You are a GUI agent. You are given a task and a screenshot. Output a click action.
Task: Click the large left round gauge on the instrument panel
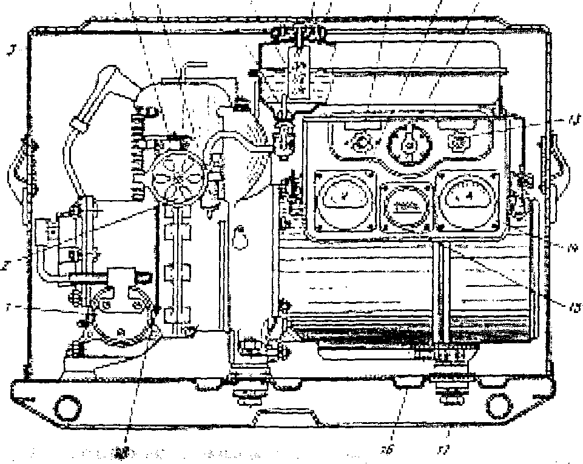click(x=343, y=200)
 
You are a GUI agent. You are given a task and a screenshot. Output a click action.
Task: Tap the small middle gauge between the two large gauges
click(x=406, y=204)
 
